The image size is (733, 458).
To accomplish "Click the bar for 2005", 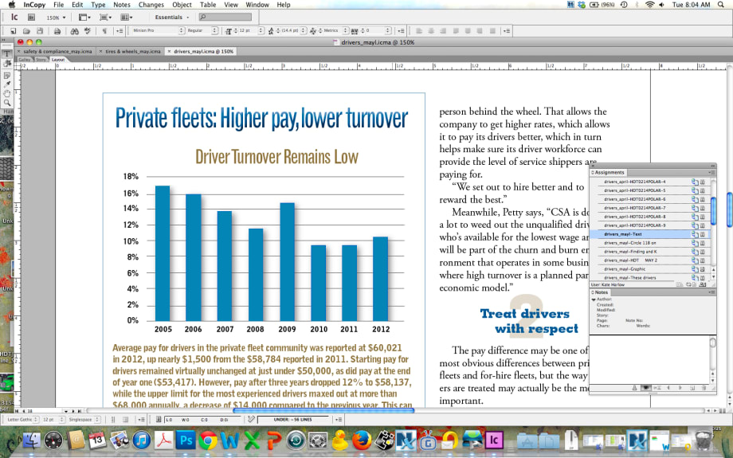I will [x=163, y=253].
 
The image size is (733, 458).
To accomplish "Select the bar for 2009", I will [x=288, y=262].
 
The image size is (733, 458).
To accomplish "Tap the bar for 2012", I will [x=381, y=279].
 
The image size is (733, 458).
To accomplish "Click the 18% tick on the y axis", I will [x=131, y=176].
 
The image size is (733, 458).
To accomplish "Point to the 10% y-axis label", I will [x=131, y=241].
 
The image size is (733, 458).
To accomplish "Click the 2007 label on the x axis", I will [x=225, y=329].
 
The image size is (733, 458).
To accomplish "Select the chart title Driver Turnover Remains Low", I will [x=276, y=157].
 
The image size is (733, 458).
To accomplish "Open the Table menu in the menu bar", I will [x=208, y=5].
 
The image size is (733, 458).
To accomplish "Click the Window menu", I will [x=257, y=5].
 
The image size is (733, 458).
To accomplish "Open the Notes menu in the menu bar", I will [x=122, y=5].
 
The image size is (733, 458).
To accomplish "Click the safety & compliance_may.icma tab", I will [x=56, y=51].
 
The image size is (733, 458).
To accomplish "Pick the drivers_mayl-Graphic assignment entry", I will [x=625, y=268].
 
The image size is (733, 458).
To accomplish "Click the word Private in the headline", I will [x=146, y=119].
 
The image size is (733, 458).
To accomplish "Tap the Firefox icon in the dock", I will [x=362, y=440].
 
